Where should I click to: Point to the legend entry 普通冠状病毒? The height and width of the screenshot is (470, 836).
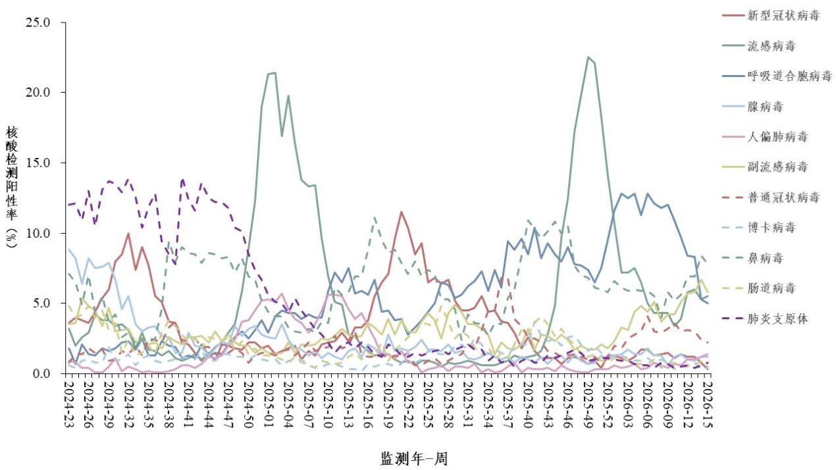pos(783,197)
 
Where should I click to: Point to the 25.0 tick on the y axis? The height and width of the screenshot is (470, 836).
pos(38,22)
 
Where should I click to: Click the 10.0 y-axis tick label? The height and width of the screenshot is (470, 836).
pos(38,233)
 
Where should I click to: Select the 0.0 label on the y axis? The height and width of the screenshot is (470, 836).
pos(41,374)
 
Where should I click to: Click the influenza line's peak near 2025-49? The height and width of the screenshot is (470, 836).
pos(588,57)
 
